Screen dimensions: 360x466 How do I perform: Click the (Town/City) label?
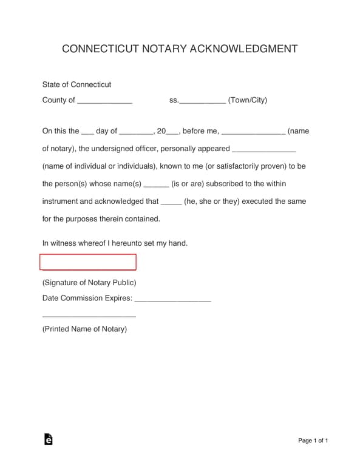[248, 100]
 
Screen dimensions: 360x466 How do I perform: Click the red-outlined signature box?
[88, 262]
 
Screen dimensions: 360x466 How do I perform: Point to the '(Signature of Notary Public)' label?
[89, 282]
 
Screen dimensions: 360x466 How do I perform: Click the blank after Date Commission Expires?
[172, 300]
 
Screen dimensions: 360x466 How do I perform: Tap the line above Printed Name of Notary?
[89, 316]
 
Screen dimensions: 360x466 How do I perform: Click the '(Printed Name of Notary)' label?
[84, 329]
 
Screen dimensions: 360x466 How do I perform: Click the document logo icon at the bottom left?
[49, 440]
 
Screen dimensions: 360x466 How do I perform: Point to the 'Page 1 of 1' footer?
[313, 441]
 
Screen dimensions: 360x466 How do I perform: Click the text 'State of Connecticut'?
[76, 84]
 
